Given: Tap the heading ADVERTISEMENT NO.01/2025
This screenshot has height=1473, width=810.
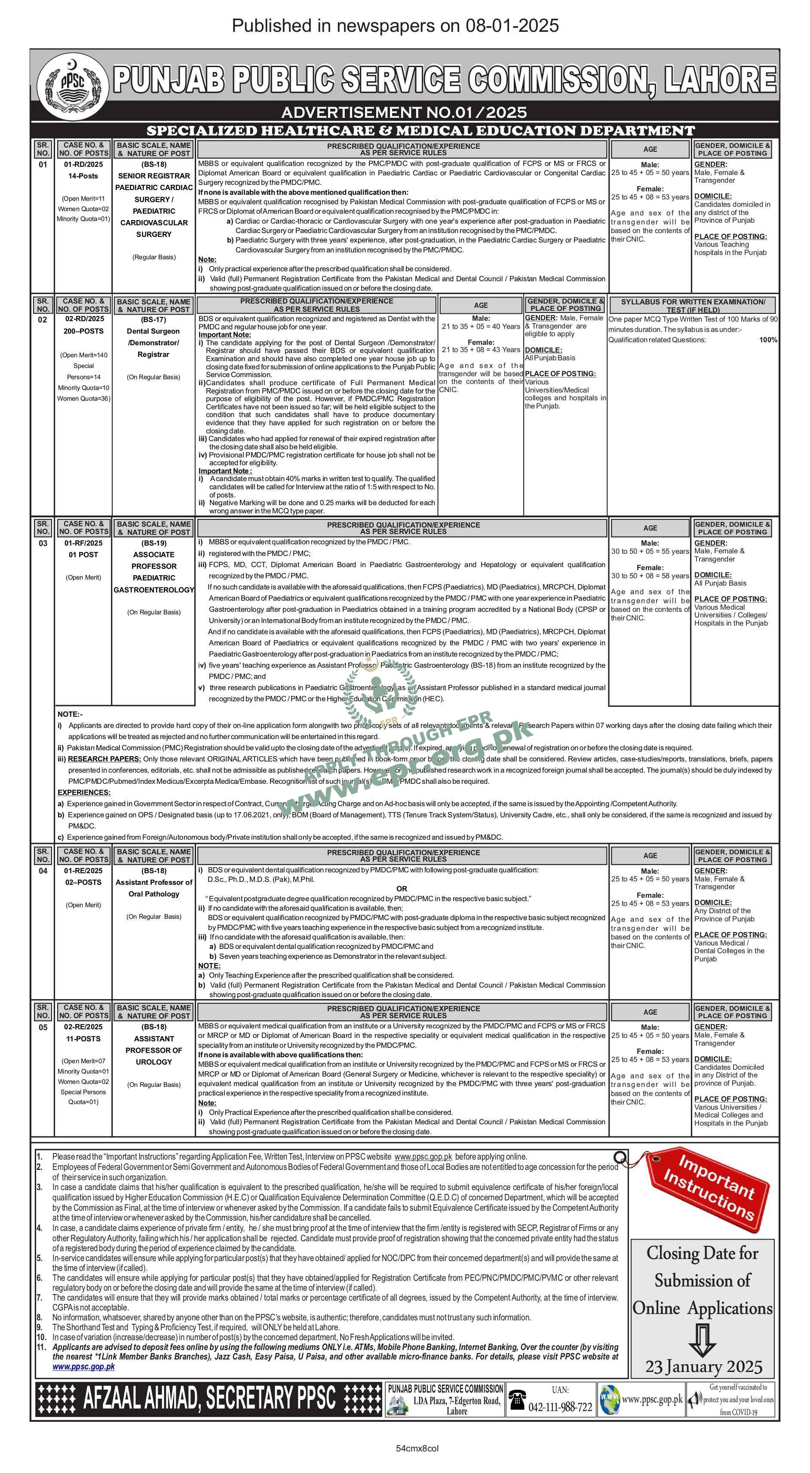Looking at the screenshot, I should coord(404,112).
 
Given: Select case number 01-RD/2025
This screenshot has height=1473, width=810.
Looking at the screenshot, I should coord(83,164).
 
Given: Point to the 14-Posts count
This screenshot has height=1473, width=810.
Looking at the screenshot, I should coord(83,176).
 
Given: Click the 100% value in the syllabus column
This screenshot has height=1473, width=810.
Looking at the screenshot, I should coord(768,340).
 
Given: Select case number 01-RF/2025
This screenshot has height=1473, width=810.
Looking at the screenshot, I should coord(83,543).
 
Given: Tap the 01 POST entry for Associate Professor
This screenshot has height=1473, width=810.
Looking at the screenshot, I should coord(83,555).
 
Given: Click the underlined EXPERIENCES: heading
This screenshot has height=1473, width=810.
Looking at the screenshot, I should coord(84,792).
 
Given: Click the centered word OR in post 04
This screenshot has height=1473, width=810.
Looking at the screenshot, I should coord(402,889).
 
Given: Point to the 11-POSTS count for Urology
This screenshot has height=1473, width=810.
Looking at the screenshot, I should coord(83,1038).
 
